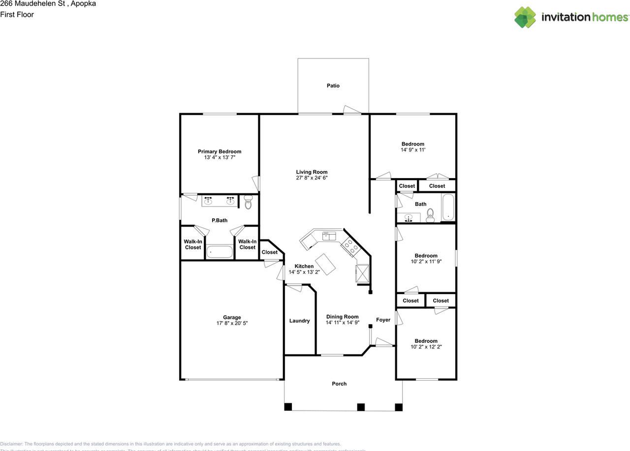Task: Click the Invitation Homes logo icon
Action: click(x=525, y=17)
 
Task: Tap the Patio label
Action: click(x=333, y=86)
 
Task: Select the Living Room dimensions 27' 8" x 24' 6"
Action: click(x=312, y=178)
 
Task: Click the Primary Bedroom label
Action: click(x=220, y=151)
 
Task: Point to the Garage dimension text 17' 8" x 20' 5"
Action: click(x=232, y=323)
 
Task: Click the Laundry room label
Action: click(x=299, y=321)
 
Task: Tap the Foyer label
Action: click(x=383, y=320)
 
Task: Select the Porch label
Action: click(x=339, y=384)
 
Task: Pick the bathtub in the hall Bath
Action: click(x=448, y=208)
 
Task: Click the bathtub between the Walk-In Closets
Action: click(x=220, y=252)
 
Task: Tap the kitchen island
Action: click(x=325, y=264)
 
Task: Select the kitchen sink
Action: click(x=329, y=236)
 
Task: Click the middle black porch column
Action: click(x=361, y=407)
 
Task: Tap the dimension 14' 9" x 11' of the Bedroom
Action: click(x=412, y=150)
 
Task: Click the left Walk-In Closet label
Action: click(x=193, y=244)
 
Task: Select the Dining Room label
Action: click(x=343, y=317)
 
